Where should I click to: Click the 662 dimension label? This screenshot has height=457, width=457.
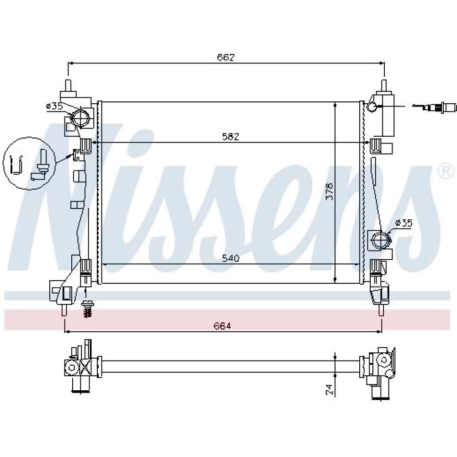(x=226, y=58)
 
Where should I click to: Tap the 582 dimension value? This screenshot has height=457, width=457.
(x=230, y=137)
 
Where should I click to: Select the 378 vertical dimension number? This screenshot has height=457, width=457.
(x=329, y=191)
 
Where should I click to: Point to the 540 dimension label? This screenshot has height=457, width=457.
(x=230, y=258)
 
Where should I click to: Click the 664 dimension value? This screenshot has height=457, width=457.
(x=222, y=326)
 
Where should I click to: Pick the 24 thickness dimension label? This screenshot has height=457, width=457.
(x=329, y=389)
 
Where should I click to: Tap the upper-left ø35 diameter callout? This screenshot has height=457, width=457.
(x=54, y=106)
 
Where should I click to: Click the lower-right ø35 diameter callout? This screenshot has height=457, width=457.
(x=404, y=223)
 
